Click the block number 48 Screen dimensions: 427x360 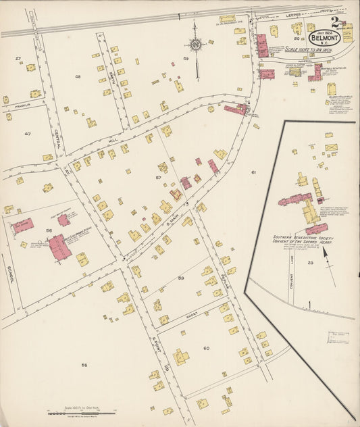click(78, 76)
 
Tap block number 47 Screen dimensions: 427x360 click(27, 134)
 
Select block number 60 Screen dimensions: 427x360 click(206, 348)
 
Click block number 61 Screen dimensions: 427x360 click(254, 173)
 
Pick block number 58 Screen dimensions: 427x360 click(84, 366)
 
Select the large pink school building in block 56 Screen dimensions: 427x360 click(59, 247)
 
